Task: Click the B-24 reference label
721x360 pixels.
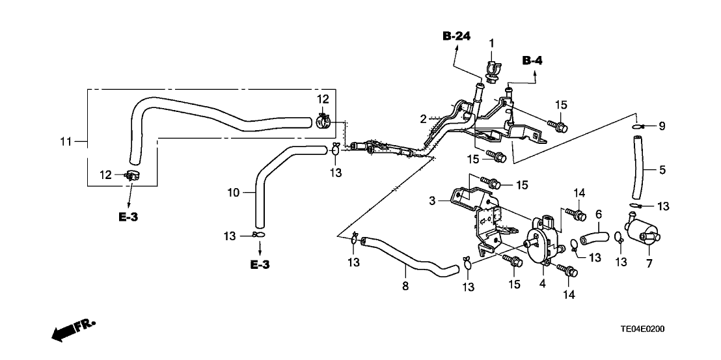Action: click(x=456, y=36)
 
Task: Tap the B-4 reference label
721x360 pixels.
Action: click(x=532, y=61)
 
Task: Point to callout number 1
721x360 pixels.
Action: click(x=491, y=43)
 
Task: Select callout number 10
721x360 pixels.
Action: click(x=234, y=192)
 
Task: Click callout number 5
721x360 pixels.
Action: click(x=662, y=170)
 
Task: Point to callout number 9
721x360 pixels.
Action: click(x=662, y=126)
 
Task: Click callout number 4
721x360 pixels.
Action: click(x=542, y=283)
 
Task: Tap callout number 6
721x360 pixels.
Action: click(x=599, y=213)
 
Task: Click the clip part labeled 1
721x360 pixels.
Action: click(x=492, y=68)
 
